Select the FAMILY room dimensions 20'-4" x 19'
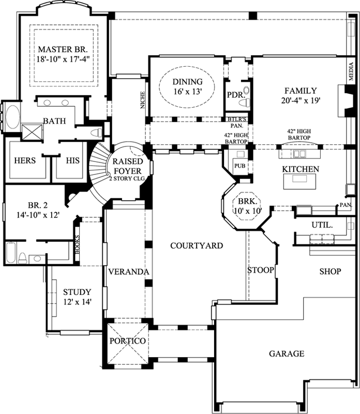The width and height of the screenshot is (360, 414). click(x=299, y=101)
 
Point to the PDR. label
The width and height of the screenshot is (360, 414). click(x=235, y=95)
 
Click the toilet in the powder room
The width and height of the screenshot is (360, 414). click(x=247, y=96)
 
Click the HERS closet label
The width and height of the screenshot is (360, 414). click(x=25, y=160)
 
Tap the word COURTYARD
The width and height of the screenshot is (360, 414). click(x=197, y=245)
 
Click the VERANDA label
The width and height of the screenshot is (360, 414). click(x=129, y=272)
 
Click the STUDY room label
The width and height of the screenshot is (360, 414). click(x=77, y=292)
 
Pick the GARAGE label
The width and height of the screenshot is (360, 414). click(x=286, y=354)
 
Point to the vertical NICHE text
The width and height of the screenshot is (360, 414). click(x=142, y=100)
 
